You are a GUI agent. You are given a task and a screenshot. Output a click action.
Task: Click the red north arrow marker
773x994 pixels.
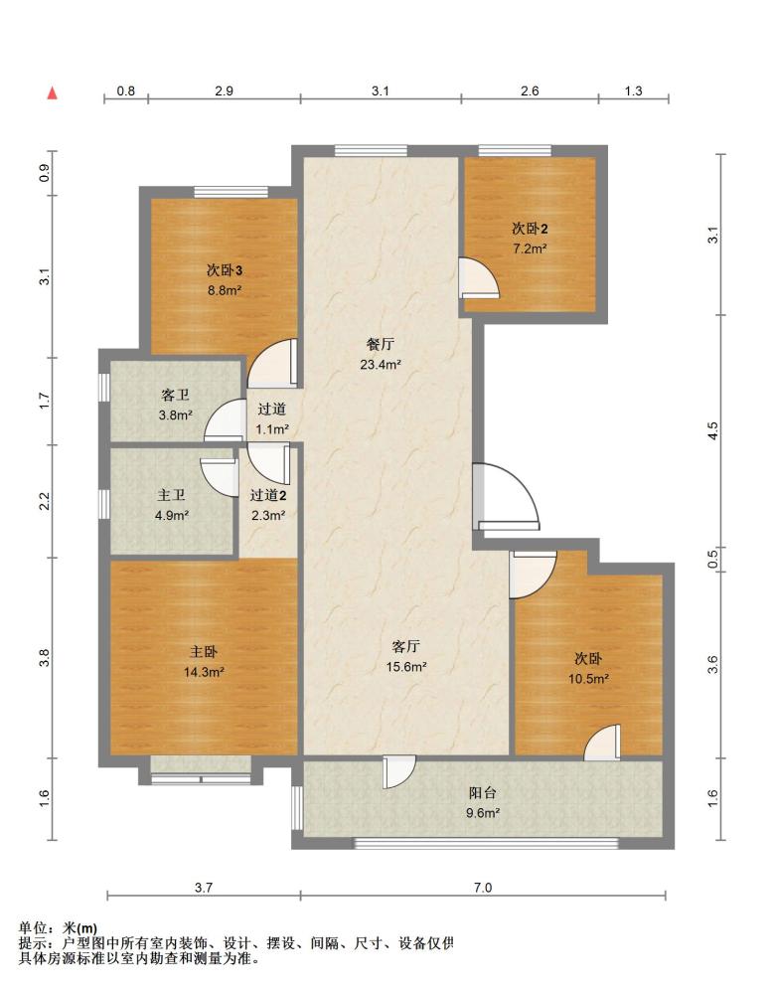click(x=54, y=93)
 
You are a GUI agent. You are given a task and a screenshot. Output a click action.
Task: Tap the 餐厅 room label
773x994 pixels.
click(x=381, y=344)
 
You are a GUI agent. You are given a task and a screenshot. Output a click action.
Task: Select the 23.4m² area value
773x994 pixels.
click(x=381, y=365)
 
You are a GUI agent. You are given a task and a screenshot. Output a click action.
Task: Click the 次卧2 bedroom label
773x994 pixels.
click(x=530, y=229)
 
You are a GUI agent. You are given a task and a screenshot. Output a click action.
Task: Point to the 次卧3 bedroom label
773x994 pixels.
click(x=225, y=270)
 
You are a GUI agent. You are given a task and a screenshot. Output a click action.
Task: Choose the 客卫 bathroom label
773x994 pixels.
click(x=176, y=395)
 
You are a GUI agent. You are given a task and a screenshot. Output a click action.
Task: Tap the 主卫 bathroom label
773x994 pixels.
click(x=171, y=495)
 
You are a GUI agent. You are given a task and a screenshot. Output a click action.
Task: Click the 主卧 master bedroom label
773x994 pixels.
click(x=204, y=652)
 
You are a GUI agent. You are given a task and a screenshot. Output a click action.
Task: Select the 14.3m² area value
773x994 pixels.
click(x=204, y=672)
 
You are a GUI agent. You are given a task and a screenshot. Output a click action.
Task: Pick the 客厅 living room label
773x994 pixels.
click(x=405, y=647)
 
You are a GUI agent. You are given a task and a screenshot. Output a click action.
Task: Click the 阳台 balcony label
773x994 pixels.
click(x=483, y=792)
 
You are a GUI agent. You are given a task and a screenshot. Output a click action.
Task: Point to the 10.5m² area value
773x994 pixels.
click(x=588, y=679)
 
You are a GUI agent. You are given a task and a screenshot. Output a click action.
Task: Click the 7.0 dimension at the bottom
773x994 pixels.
click(x=483, y=888)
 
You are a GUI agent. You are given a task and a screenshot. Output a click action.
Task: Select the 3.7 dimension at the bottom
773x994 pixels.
click(x=204, y=888)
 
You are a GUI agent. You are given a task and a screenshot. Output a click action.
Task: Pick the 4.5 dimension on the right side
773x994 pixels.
click(x=712, y=431)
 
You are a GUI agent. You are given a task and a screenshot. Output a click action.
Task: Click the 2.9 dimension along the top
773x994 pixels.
click(x=224, y=90)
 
